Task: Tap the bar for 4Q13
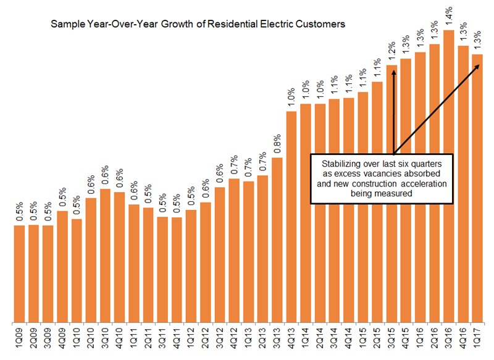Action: pyautogui.click(x=292, y=216)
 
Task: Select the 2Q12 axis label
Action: pyautogui.click(x=205, y=339)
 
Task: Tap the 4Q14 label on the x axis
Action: pyautogui.click(x=349, y=339)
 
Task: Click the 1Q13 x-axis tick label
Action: pyautogui.click(x=248, y=339)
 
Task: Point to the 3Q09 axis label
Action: pyautogui.click(x=48, y=339)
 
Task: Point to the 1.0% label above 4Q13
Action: pyautogui.click(x=292, y=97)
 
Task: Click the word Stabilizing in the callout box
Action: pyautogui.click(x=340, y=164)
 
